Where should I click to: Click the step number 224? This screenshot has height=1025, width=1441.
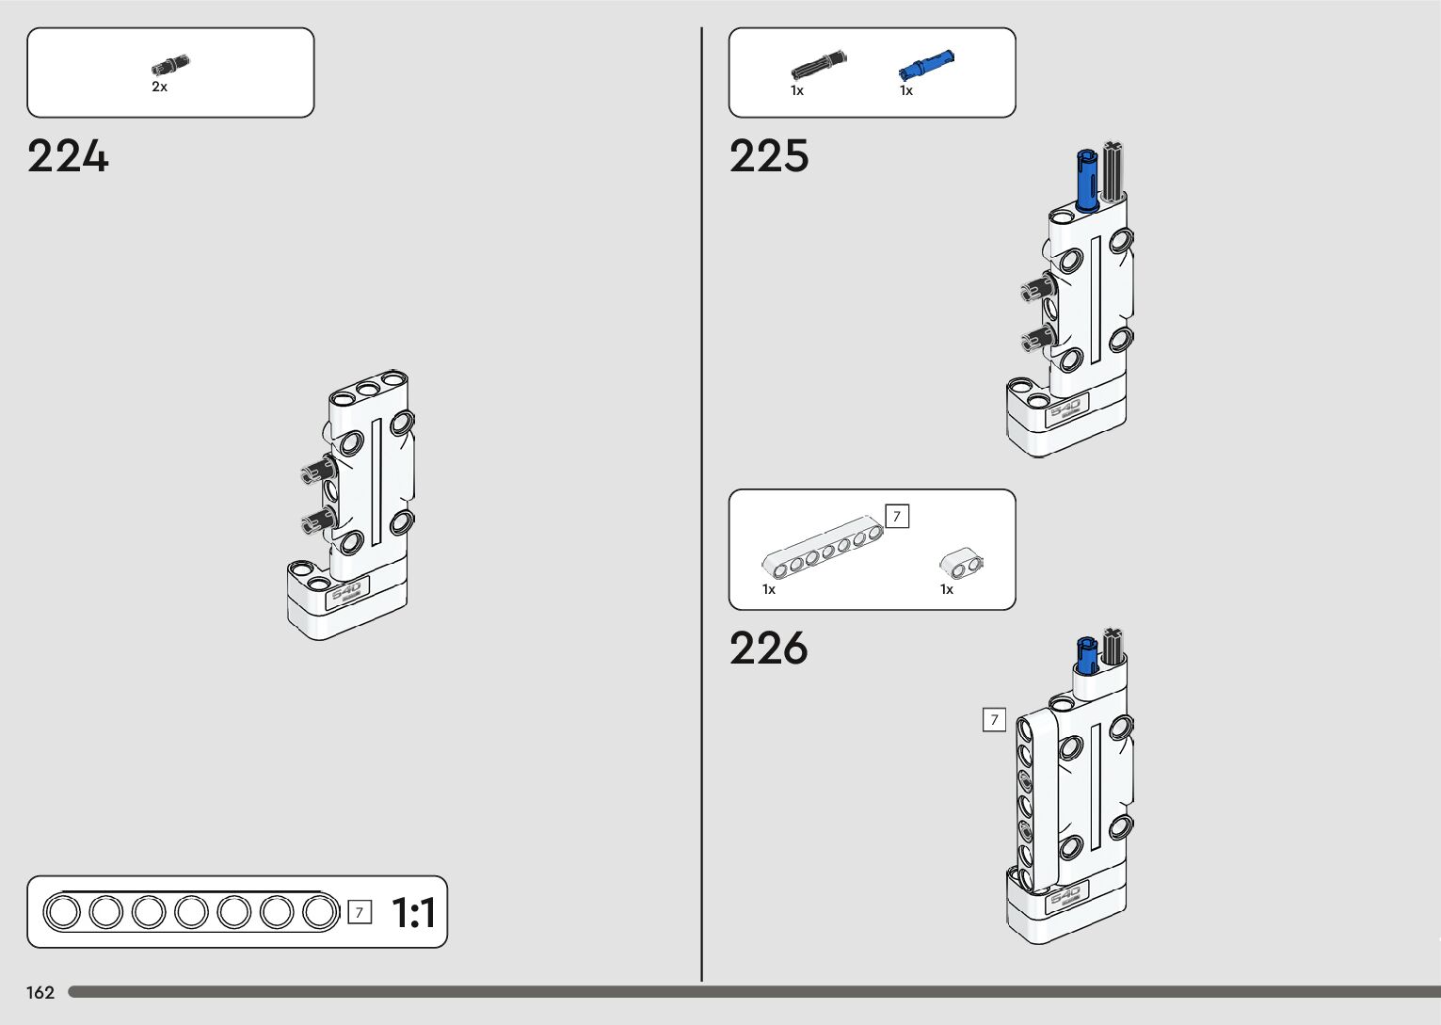pyautogui.click(x=68, y=156)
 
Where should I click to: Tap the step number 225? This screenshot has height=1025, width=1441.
pyautogui.click(x=768, y=156)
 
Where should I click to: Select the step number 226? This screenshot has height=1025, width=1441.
pyautogui.click(x=768, y=649)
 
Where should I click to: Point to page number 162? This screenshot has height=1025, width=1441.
pyautogui.click(x=40, y=992)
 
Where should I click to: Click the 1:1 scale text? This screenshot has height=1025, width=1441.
pyautogui.click(x=413, y=913)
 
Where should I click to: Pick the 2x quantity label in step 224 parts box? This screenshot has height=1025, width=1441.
pyautogui.click(x=159, y=87)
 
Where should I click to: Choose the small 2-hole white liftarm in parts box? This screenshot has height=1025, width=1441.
pyautogui.click(x=960, y=563)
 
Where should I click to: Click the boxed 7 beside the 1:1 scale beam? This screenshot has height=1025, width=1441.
pyautogui.click(x=359, y=912)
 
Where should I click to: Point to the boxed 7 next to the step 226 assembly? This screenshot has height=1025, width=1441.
pyautogui.click(x=994, y=720)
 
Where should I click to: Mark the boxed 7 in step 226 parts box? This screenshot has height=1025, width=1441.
pyautogui.click(x=897, y=516)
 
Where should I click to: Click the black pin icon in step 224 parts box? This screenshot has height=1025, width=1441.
pyautogui.click(x=170, y=65)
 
